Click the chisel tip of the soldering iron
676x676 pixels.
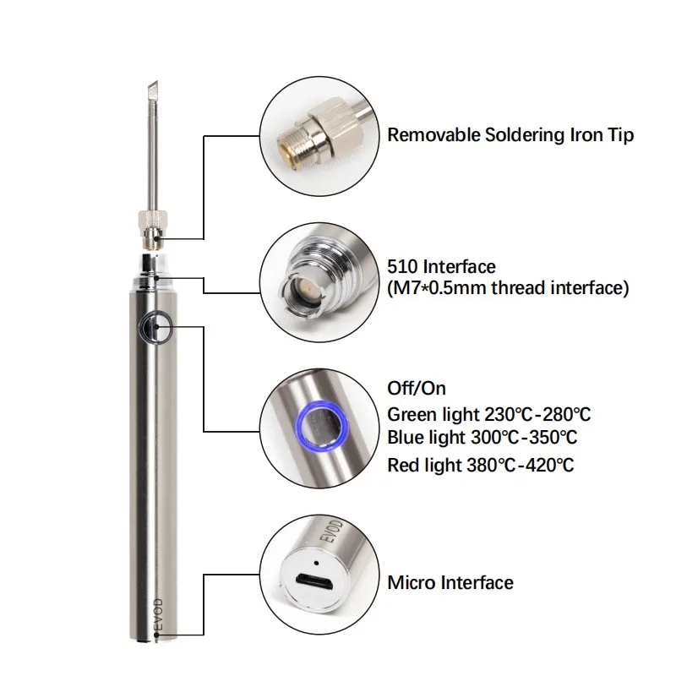pos(153,90)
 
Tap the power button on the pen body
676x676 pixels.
pos(155,327)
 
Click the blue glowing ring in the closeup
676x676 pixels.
pos(320,425)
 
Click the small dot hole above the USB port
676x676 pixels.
pos(316,563)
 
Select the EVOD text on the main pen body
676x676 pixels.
pos(158,614)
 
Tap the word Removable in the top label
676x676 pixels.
pos(433,135)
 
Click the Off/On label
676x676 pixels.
pos(417,389)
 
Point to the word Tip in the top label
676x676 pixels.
pos(621,136)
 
